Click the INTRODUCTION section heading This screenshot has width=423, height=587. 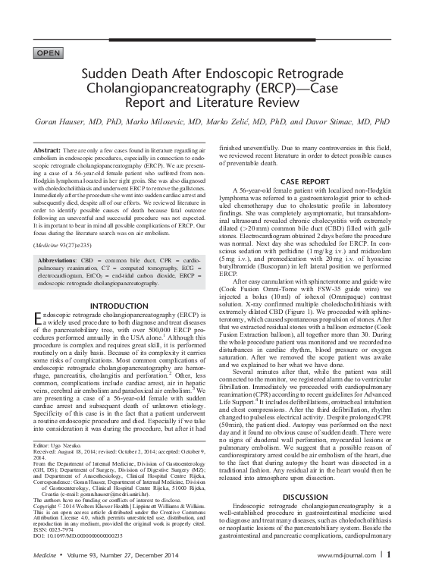(118, 306)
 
